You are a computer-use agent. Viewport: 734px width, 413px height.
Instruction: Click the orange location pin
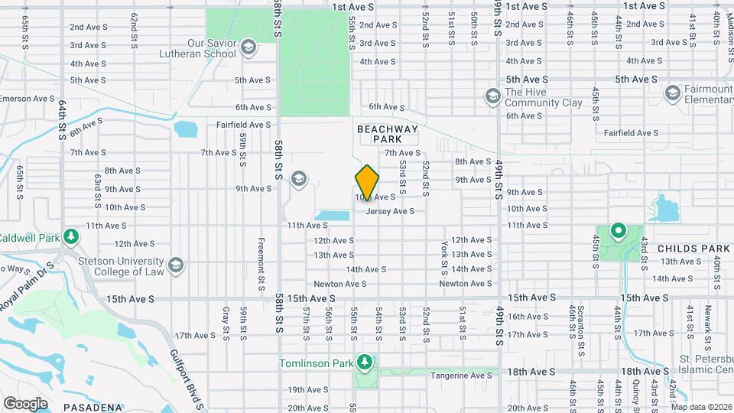point(368,182)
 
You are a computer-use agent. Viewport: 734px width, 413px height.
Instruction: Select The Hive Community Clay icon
point(492,96)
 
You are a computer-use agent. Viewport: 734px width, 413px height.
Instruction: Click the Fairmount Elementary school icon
point(672,94)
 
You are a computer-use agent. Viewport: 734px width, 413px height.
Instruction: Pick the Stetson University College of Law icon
point(177,265)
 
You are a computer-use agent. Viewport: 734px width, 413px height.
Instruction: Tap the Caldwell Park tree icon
point(71,236)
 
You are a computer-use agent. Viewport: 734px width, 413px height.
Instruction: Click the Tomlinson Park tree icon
point(366,361)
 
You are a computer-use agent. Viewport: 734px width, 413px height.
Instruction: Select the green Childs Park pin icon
point(618,229)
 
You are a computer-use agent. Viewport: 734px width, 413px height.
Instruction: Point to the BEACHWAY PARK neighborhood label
point(388,135)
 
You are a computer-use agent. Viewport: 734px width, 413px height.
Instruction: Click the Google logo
point(25,403)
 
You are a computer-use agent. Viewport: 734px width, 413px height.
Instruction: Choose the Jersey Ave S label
point(390,211)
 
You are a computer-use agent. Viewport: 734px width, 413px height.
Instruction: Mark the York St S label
point(444,257)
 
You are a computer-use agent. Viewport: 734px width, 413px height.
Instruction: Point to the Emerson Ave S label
point(28,99)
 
